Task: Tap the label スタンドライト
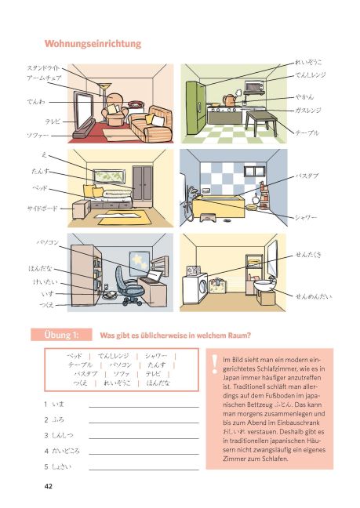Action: pos(44,68)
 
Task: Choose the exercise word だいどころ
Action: pos(66,451)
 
